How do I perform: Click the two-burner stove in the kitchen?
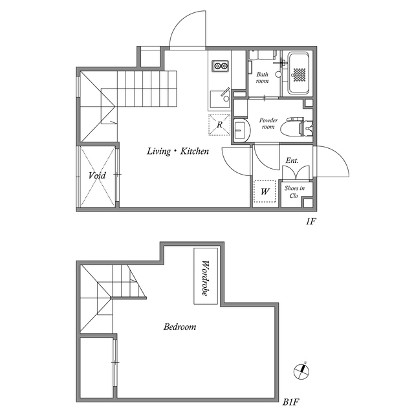coord(220,66)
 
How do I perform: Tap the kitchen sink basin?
coord(220,99)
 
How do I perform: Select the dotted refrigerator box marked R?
coord(219,125)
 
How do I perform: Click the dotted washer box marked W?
coord(265,191)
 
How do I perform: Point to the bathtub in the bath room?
coord(298,73)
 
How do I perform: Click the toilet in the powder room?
coord(296,128)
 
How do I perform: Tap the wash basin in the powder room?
coord(241,131)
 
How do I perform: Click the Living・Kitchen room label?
coord(178,151)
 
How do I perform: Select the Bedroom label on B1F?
coord(180,327)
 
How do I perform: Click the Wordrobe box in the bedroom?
coord(206,276)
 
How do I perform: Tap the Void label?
coord(97,175)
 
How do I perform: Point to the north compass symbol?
coord(301,371)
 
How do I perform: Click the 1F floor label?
coord(310,221)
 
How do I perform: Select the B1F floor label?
coord(290,402)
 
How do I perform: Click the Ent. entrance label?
coord(292,160)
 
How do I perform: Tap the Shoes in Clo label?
coord(294,192)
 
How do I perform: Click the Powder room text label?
coord(268,124)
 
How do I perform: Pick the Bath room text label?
coord(262,78)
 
